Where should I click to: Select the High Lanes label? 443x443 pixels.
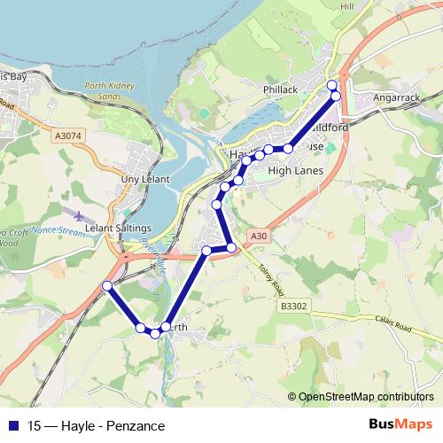click(291, 170)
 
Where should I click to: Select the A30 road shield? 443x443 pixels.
click(258, 236)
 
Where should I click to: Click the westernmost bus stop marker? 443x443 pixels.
click(107, 285)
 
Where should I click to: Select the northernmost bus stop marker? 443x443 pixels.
click(332, 85)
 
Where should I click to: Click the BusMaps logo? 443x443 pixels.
click(400, 424)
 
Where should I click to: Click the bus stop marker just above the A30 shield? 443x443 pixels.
click(232, 247)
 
